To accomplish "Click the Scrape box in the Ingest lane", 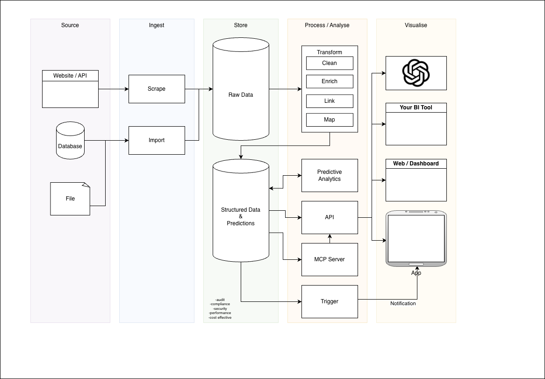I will click(x=157, y=89).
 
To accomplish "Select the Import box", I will click(x=157, y=140).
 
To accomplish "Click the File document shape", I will click(x=70, y=199).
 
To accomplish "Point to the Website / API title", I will click(x=70, y=75).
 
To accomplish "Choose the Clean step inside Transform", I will click(x=330, y=63).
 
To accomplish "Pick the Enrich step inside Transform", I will click(x=330, y=81).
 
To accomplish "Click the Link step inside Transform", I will click(x=330, y=101).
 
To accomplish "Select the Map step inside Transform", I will click(x=330, y=120).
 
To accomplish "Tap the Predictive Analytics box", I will click(x=330, y=175).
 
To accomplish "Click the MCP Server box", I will click(x=330, y=259).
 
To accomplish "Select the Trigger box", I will click(x=330, y=301).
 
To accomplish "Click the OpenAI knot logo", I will click(x=416, y=73).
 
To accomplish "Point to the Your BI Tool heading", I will click(x=416, y=107).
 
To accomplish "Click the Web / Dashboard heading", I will click(x=416, y=164).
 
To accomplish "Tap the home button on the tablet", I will click(x=416, y=264).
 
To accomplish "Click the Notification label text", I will click(x=403, y=303).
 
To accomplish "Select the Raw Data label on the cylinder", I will click(x=241, y=95).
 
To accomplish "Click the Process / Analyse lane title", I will click(x=327, y=25).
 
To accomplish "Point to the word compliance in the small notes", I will click(x=220, y=304).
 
